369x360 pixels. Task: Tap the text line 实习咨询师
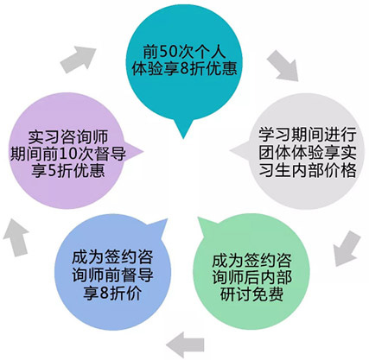[68, 137]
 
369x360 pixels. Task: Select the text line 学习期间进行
[308, 134]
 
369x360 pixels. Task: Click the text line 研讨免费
[252, 294]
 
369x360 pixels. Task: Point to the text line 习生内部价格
[308, 170]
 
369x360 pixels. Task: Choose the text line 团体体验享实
[308, 152]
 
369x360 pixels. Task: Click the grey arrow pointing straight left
[185, 344]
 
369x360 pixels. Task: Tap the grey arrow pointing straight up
[16, 237]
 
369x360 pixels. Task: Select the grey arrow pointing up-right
[78, 60]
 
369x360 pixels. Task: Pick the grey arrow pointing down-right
[283, 66]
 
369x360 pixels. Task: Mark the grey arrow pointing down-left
[347, 249]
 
